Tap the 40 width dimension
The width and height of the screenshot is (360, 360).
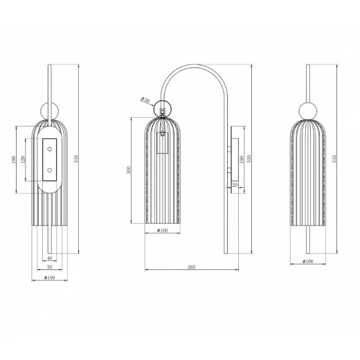coord(53,258)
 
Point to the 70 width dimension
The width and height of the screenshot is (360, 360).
coord(49,267)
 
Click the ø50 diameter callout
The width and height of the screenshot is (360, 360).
coord(145,100)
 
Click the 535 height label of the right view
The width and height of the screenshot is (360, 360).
coord(334,159)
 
